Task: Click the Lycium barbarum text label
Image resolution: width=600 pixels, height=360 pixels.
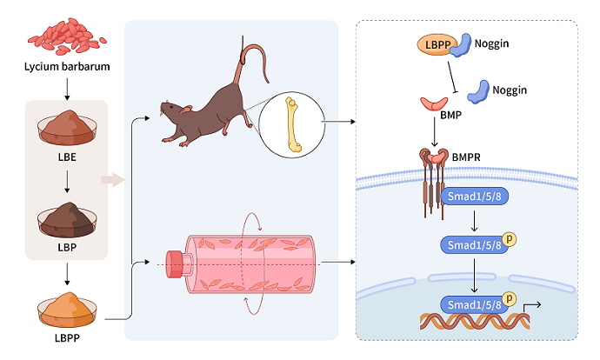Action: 66,66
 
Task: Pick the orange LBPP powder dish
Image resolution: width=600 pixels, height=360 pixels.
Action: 65,305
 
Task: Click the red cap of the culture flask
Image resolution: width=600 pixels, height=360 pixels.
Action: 177,262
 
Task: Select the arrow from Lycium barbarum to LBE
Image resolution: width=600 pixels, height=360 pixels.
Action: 66,86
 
